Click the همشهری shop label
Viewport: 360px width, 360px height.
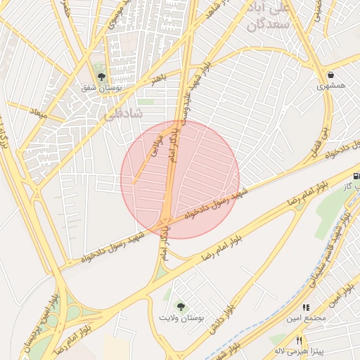[330, 86]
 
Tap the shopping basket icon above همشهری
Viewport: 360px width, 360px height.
[330, 75]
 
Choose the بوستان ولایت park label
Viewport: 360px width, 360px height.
[181, 319]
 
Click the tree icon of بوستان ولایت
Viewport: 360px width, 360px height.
[181, 307]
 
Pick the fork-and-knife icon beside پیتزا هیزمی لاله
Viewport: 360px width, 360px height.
[300, 340]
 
